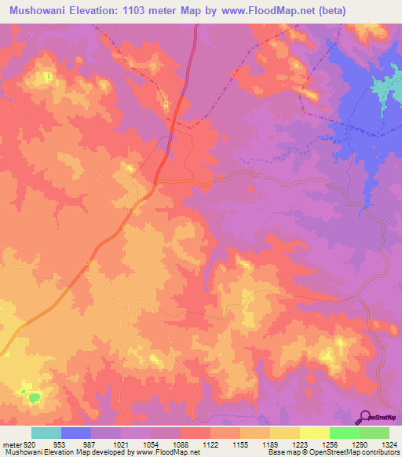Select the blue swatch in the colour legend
[x=76, y=433]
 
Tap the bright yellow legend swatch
[x=314, y=433]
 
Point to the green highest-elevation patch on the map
[x=33, y=397]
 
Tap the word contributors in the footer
[x=379, y=453]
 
